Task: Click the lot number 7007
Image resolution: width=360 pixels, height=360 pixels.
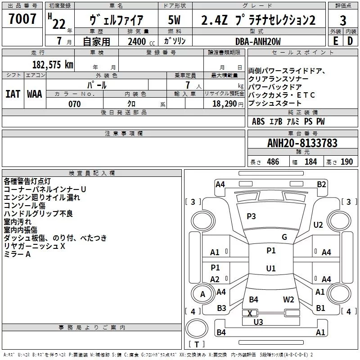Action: click(x=22, y=20)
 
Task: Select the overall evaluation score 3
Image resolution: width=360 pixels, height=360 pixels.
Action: click(x=343, y=21)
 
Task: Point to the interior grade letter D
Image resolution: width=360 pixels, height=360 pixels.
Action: click(x=350, y=40)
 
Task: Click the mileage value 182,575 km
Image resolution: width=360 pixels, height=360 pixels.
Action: click(x=53, y=64)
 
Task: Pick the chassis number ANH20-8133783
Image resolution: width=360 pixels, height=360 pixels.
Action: click(x=302, y=143)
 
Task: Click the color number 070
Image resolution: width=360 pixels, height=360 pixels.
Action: click(x=74, y=104)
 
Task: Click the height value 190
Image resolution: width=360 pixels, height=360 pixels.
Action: click(x=346, y=162)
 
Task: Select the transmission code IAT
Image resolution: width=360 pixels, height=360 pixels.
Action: click(x=13, y=94)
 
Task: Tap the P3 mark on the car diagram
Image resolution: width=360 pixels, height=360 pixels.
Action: click(x=251, y=216)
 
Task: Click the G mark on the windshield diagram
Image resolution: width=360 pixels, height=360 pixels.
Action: click(x=284, y=237)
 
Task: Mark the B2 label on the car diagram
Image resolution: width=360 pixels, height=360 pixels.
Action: click(x=321, y=184)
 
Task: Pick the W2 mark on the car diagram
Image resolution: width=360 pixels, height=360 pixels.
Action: click(x=288, y=300)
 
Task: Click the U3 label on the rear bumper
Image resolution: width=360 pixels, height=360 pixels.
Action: click(x=258, y=322)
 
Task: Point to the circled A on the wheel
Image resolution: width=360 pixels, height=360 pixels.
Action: click(x=202, y=294)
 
